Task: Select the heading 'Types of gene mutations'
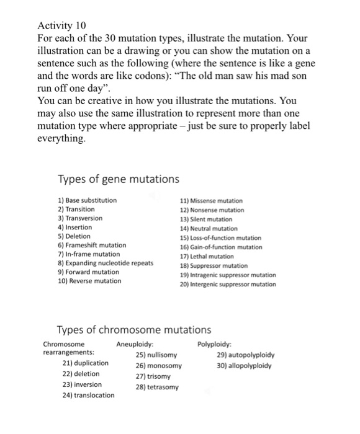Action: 118,179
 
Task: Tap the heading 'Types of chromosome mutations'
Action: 133,330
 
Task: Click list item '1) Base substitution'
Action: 86,200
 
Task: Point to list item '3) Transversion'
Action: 79,218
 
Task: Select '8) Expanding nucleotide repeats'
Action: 105,263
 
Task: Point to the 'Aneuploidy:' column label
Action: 135,344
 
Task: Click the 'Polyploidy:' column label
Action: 215,344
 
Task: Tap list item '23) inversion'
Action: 82,384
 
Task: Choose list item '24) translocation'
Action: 88,395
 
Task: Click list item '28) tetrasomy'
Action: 156,387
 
